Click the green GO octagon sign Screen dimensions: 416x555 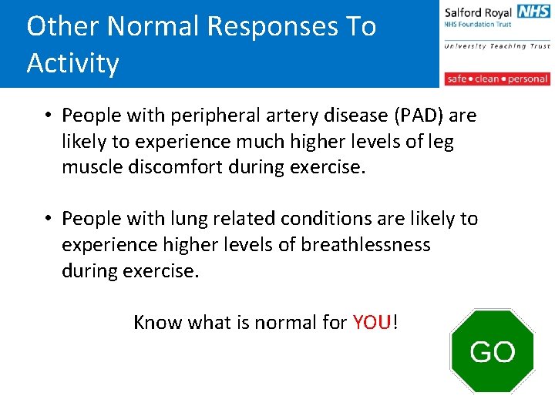click(492, 351)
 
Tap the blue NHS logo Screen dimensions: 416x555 click(533, 11)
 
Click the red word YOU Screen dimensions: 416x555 click(372, 322)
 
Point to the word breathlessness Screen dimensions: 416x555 click(365, 245)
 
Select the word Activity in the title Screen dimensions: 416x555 click(73, 63)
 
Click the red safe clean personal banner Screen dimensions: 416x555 click(496, 79)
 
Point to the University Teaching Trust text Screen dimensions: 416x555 click(496, 46)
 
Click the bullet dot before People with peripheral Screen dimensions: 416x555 click(48, 116)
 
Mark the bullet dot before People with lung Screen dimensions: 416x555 click(48, 219)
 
